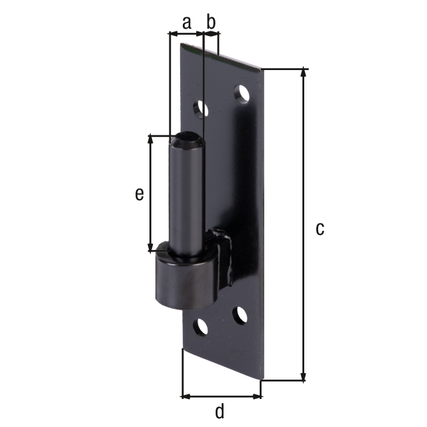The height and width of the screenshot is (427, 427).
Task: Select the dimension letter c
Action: coord(320,229)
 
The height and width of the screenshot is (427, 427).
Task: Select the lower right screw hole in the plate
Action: coord(239,314)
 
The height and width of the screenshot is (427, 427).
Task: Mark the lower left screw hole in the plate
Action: coord(199,326)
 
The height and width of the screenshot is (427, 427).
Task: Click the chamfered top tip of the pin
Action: coord(187,141)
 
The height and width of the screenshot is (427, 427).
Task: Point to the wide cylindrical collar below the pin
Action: coord(185,280)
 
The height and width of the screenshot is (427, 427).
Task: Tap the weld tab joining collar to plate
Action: coord(222,257)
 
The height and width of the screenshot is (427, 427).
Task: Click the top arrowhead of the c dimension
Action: coord(304,72)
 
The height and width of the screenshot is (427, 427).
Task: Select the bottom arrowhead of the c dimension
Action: coord(304,376)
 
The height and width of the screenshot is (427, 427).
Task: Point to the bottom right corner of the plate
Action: coord(261,379)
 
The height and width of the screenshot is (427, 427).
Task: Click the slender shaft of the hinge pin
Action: coord(186,200)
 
